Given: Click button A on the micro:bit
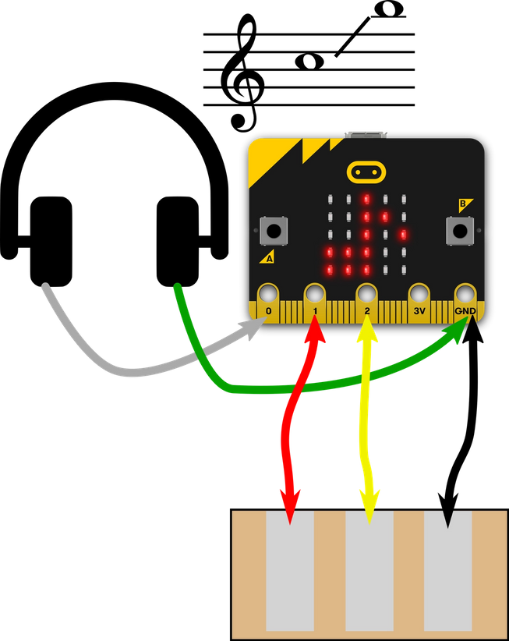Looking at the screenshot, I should pos(274,230).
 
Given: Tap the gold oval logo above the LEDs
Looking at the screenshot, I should pos(366,170).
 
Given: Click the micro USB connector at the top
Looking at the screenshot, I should pos(366,135).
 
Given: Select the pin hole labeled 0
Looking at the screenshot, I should pos(267,293).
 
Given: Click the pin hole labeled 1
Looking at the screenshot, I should pos(315,293).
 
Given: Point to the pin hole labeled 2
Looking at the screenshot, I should pos(366,293).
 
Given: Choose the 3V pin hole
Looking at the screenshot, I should pos(419,293).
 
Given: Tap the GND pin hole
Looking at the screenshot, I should pos(465,293).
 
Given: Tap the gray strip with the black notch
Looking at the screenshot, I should pos(448,577).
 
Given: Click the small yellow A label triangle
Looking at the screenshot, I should pos(268,257).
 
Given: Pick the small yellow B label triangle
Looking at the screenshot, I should pos(465,204).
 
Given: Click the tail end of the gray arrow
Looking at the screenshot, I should pos(45,289).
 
